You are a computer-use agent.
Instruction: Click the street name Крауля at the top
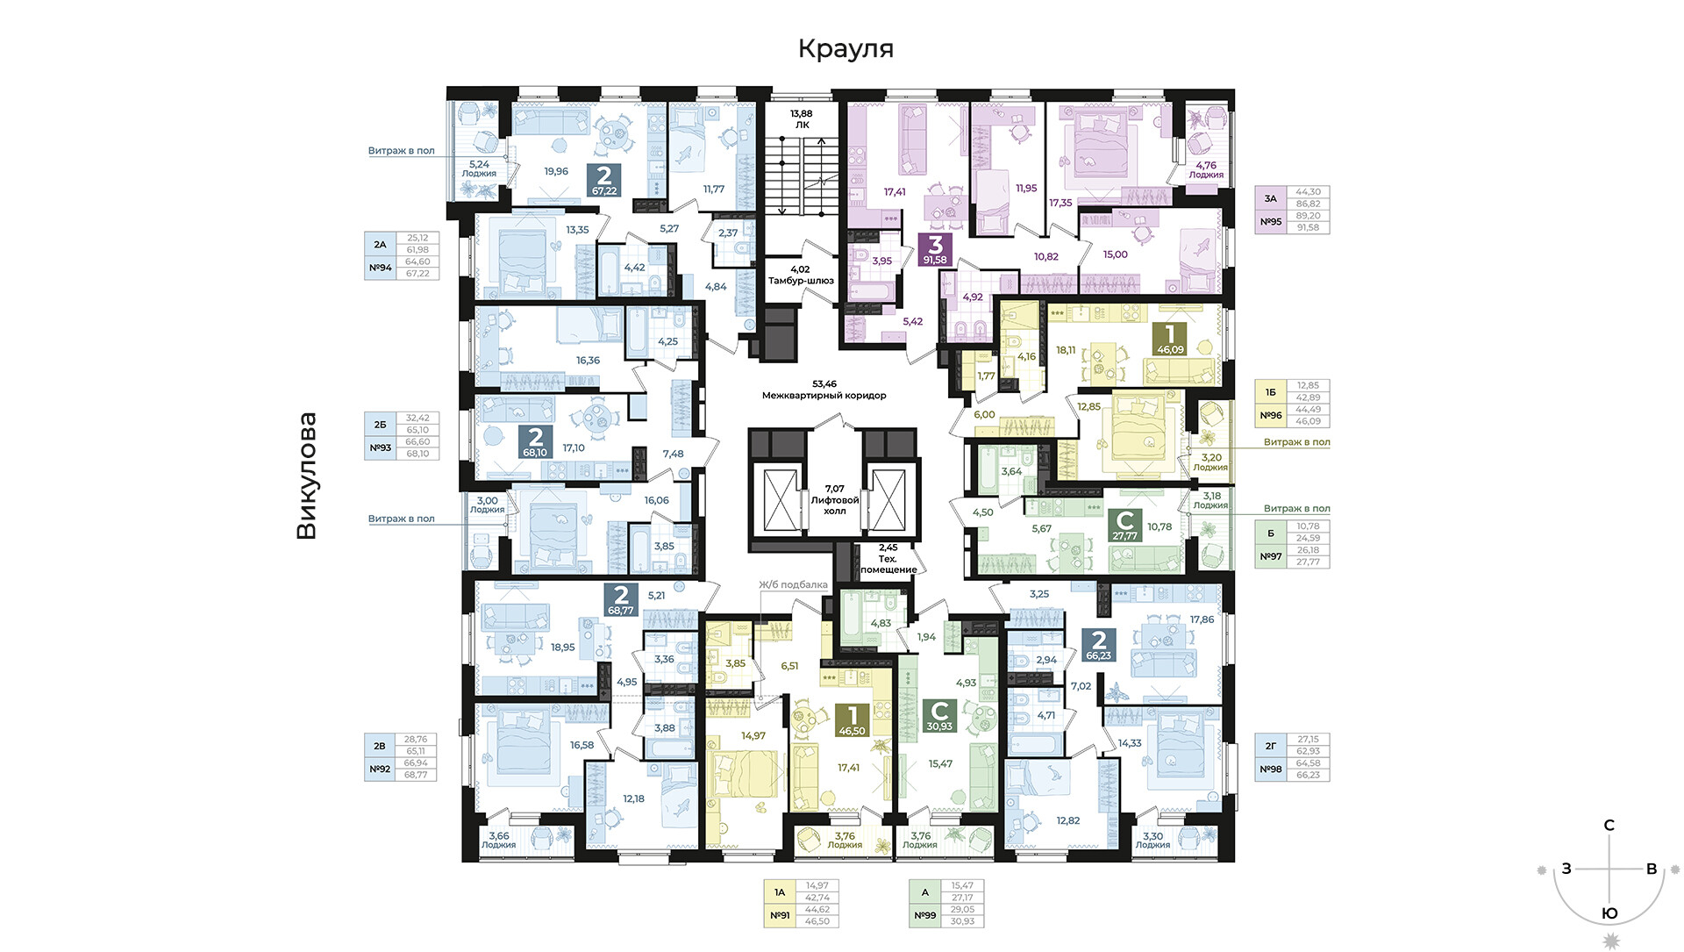846,49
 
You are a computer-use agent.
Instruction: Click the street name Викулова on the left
306,476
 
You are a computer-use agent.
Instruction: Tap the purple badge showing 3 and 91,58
935,250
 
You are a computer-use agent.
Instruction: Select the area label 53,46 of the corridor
824,383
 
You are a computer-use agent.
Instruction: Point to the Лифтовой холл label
835,505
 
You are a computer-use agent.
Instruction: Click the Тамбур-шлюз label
801,281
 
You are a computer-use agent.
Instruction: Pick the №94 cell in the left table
380,268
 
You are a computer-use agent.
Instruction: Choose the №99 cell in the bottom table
924,915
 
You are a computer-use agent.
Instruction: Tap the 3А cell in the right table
1270,198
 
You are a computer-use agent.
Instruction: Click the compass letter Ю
1609,913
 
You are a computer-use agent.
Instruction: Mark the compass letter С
1609,825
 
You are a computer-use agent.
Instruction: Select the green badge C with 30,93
939,716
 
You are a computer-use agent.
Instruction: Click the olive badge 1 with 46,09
1170,339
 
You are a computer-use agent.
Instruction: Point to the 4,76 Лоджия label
1206,169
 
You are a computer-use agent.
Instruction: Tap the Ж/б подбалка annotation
793,584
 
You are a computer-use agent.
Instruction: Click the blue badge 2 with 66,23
1098,645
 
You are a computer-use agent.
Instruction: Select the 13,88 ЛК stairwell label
802,119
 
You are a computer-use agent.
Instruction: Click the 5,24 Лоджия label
479,168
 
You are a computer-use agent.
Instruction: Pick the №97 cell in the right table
1270,556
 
